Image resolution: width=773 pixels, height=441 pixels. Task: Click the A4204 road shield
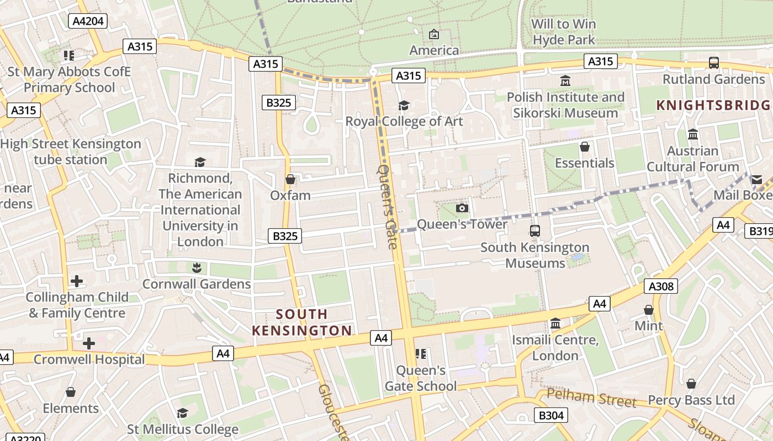88,21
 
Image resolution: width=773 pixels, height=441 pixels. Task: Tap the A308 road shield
660,286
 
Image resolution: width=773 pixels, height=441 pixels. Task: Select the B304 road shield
550,415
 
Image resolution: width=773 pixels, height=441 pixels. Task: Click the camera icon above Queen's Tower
462,208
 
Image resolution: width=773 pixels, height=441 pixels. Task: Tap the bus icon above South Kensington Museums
534,231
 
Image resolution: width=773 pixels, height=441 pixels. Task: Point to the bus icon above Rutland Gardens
714,63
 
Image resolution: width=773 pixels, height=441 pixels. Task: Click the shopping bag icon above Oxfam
290,179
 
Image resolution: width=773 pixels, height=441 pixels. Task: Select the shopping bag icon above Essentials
584,147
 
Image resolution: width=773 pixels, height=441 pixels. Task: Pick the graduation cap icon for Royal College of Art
404,105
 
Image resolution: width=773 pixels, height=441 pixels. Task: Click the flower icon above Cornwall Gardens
197,268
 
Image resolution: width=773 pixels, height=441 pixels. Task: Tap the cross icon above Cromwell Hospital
88,343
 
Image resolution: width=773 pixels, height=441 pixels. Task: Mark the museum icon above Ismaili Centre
555,323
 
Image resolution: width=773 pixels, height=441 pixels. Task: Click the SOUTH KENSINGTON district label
301,322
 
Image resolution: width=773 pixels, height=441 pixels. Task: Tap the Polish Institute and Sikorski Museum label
565,105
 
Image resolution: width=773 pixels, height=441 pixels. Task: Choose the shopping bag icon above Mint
649,310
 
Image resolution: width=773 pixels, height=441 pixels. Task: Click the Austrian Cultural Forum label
692,159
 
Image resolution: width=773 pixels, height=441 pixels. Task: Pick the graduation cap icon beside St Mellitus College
182,413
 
